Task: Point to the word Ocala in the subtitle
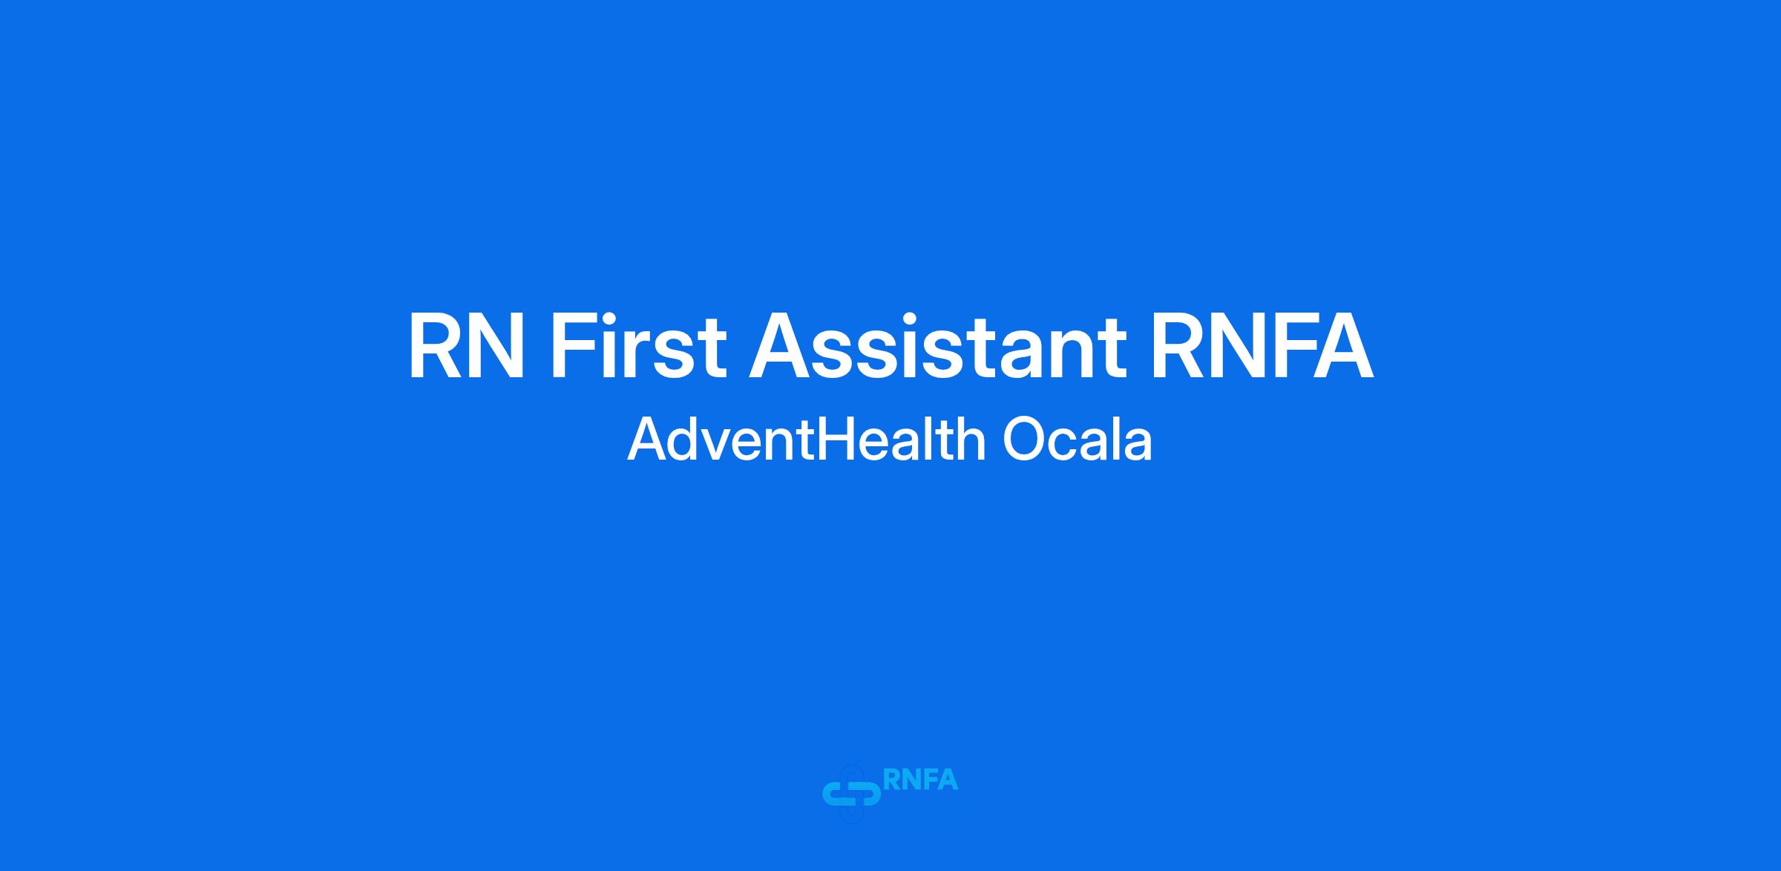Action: (1078, 439)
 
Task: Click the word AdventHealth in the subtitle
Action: (807, 439)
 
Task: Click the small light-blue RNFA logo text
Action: (921, 780)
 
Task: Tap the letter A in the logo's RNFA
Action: (948, 780)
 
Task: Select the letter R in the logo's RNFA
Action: (892, 780)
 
